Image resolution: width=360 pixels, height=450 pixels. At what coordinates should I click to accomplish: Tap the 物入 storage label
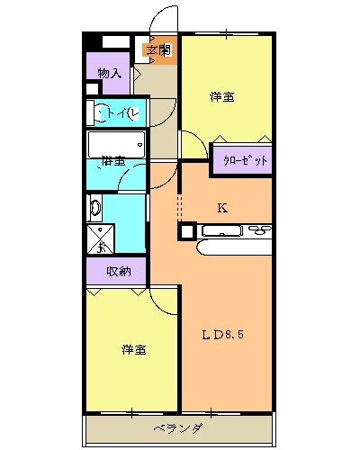click(109, 73)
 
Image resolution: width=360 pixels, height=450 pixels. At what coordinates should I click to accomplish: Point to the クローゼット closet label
click(242, 159)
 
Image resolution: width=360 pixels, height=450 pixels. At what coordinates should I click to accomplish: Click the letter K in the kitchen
click(222, 208)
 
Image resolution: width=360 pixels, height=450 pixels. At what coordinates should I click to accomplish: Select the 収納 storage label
click(118, 271)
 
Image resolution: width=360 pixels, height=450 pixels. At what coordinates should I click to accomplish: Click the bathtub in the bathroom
click(116, 142)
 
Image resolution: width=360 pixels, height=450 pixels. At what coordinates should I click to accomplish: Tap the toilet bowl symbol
click(97, 112)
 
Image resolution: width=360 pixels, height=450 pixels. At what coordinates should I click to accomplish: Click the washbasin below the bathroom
click(95, 207)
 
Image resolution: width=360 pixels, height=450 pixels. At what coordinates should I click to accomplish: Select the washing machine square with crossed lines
click(101, 238)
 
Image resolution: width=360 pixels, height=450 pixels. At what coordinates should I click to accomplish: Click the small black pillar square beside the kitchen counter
click(186, 231)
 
